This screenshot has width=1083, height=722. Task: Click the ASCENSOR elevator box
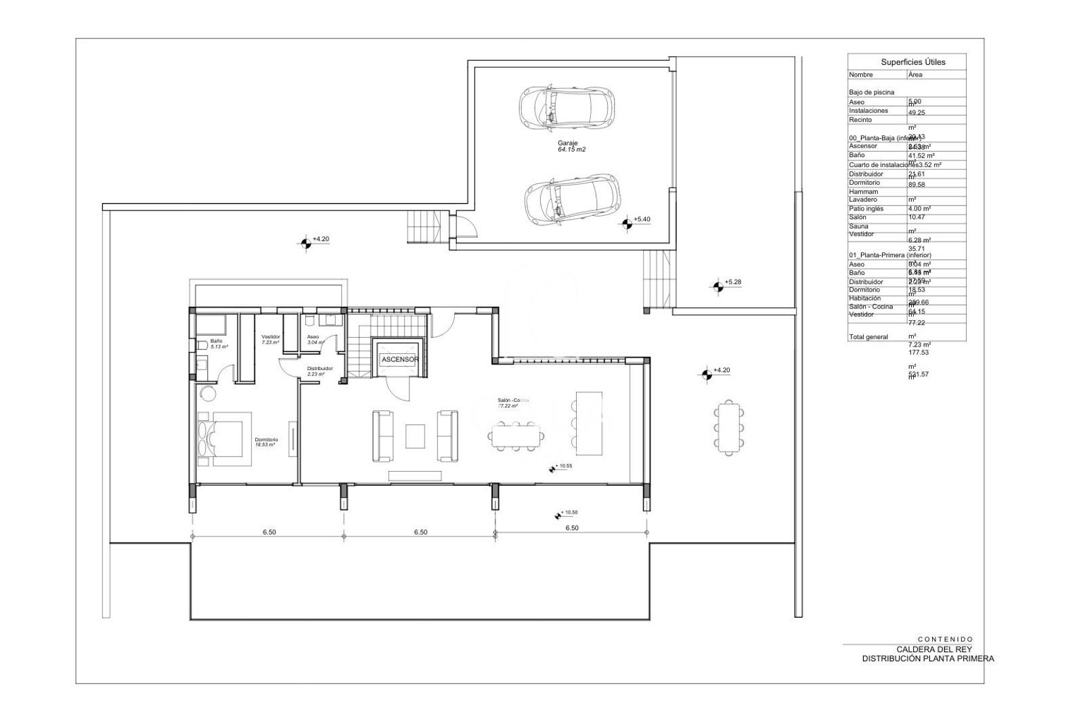[x=399, y=359]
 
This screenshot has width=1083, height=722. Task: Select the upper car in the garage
[x=567, y=107]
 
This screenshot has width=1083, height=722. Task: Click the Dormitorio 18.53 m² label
[x=266, y=441]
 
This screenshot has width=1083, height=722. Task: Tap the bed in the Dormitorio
[x=224, y=439]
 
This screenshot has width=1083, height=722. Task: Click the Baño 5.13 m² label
[x=218, y=343]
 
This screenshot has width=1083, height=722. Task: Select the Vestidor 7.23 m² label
[x=271, y=339]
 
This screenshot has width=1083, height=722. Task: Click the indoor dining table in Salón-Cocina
[x=517, y=436]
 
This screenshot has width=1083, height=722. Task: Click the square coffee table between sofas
[x=416, y=436]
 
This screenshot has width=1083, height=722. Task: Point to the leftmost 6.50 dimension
[x=269, y=532]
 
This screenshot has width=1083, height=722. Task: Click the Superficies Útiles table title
[x=913, y=62]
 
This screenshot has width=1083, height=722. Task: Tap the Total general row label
[x=868, y=336]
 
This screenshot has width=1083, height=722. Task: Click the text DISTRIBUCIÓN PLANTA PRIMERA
[x=927, y=658]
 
